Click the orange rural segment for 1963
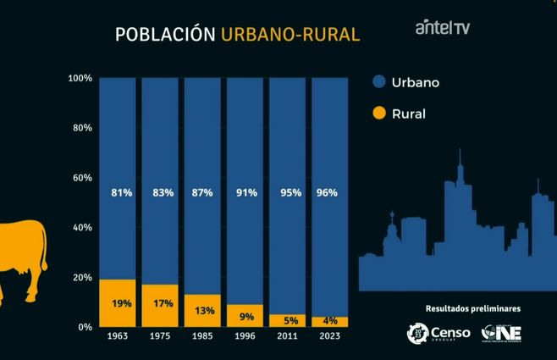point(117,303)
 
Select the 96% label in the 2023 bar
point(326,193)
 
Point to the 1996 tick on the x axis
point(245,336)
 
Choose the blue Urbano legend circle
point(379,82)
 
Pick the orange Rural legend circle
point(379,112)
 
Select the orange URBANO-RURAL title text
point(290,35)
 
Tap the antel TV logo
point(442,28)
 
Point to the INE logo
point(501,333)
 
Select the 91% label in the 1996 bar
point(245,193)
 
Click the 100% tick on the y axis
point(80,79)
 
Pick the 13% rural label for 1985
point(203,310)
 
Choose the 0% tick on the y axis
point(85,327)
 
